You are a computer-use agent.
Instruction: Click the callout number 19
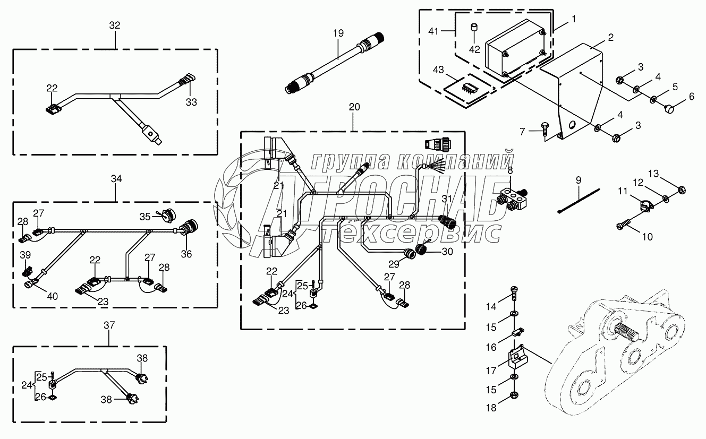click(x=338, y=33)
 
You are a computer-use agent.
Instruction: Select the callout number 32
click(x=115, y=25)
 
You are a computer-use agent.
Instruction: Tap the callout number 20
click(x=354, y=107)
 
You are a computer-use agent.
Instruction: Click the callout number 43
click(x=438, y=70)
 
